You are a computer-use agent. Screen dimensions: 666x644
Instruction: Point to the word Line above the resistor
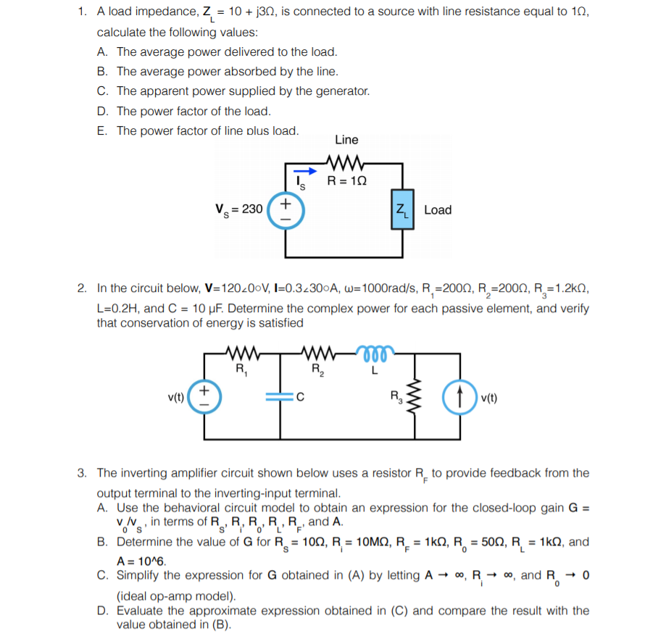(x=346, y=140)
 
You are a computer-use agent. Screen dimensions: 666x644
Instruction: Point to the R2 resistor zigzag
(x=318, y=355)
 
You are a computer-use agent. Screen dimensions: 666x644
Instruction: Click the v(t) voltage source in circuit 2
(x=204, y=396)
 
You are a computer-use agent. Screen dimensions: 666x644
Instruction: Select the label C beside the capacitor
(x=300, y=397)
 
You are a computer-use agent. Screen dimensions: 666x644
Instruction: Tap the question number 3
(x=83, y=473)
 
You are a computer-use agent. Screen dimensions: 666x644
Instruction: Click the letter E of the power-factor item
(x=101, y=131)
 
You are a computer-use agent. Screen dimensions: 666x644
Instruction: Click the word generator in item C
(x=344, y=91)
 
